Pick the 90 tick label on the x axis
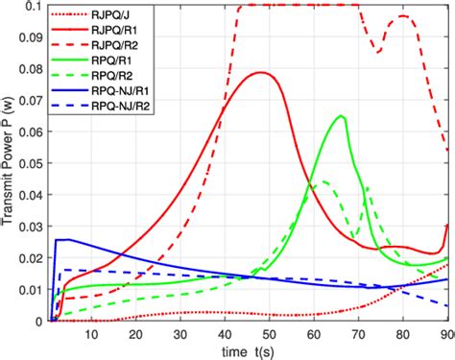(x=444, y=334)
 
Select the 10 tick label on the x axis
(x=92, y=334)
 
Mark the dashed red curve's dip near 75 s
(x=379, y=51)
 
